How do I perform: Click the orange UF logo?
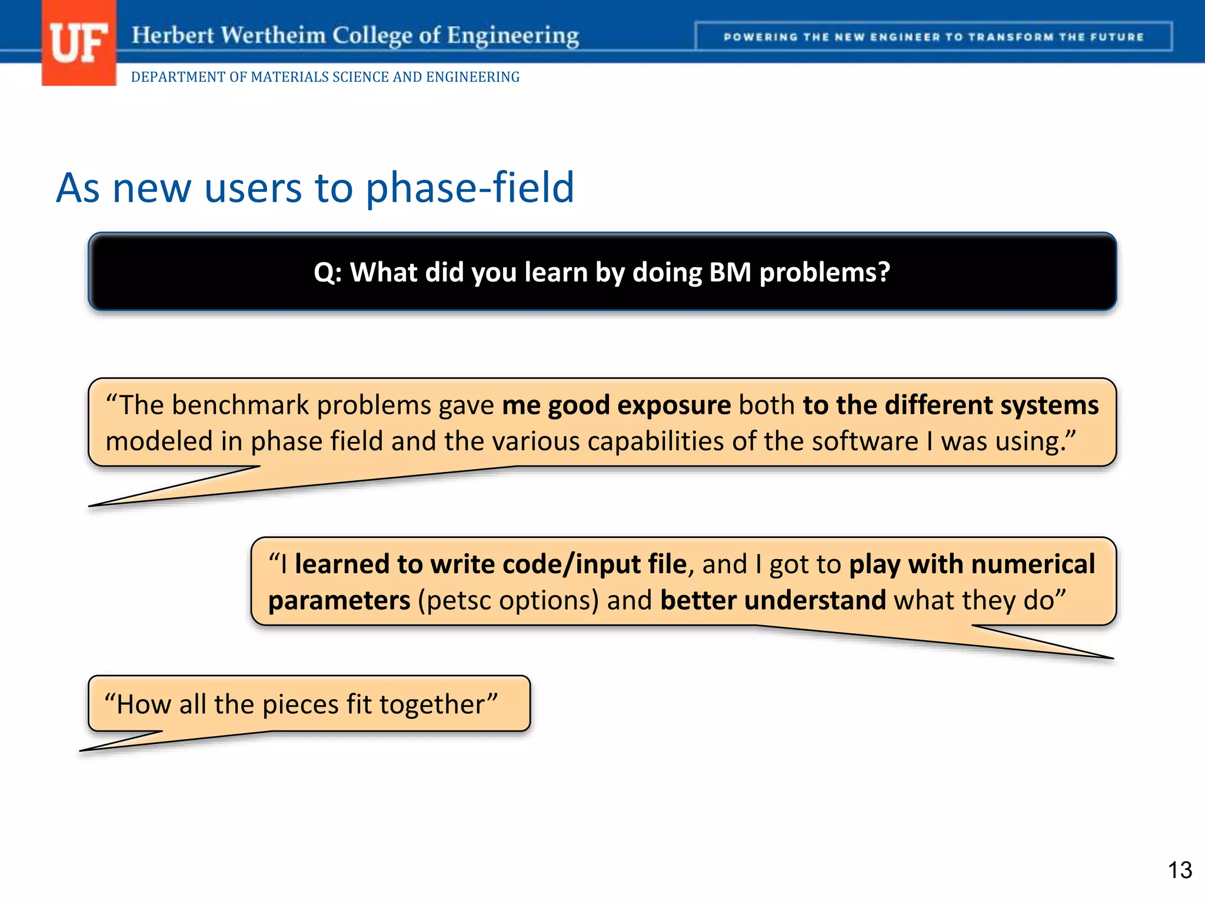coord(78,43)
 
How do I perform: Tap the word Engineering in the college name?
coord(512,35)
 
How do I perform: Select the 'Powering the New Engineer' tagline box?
coord(933,36)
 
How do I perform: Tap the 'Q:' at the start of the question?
coord(327,272)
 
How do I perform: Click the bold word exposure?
coord(674,406)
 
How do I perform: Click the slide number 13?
coord(1179,870)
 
